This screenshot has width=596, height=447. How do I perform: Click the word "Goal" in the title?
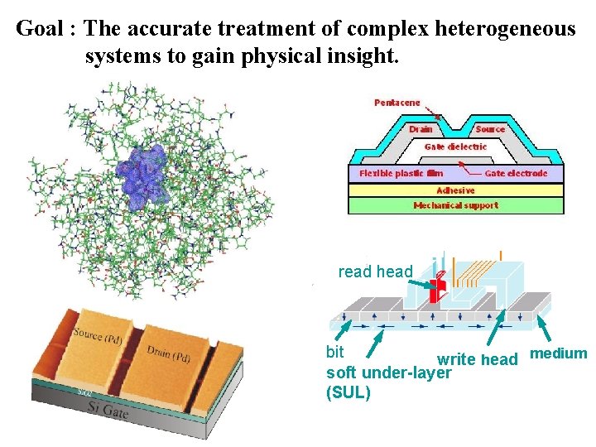click(x=40, y=28)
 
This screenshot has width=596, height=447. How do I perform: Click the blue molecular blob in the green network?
click(x=142, y=178)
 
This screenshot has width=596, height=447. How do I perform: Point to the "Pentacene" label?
click(x=397, y=103)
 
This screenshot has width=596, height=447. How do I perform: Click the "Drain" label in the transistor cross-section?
click(x=421, y=129)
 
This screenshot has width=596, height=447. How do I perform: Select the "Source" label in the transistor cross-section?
click(x=490, y=129)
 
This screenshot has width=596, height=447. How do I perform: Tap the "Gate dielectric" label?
click(x=456, y=147)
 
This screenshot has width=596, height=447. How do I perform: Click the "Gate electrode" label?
click(x=517, y=173)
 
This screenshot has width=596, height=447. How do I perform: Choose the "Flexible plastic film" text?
click(x=401, y=173)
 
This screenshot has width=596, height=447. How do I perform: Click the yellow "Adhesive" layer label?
click(x=455, y=190)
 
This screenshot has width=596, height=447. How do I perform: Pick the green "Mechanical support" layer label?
click(x=456, y=205)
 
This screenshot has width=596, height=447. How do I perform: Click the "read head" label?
click(x=376, y=272)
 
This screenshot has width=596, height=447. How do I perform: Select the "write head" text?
click(x=478, y=359)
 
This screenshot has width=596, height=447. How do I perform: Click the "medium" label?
click(x=559, y=353)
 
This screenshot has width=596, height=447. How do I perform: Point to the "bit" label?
click(x=335, y=352)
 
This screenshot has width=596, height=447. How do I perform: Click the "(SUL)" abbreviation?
click(x=348, y=392)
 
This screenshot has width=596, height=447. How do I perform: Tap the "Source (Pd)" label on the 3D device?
click(x=98, y=335)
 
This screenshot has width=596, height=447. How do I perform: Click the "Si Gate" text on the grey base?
click(x=108, y=410)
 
